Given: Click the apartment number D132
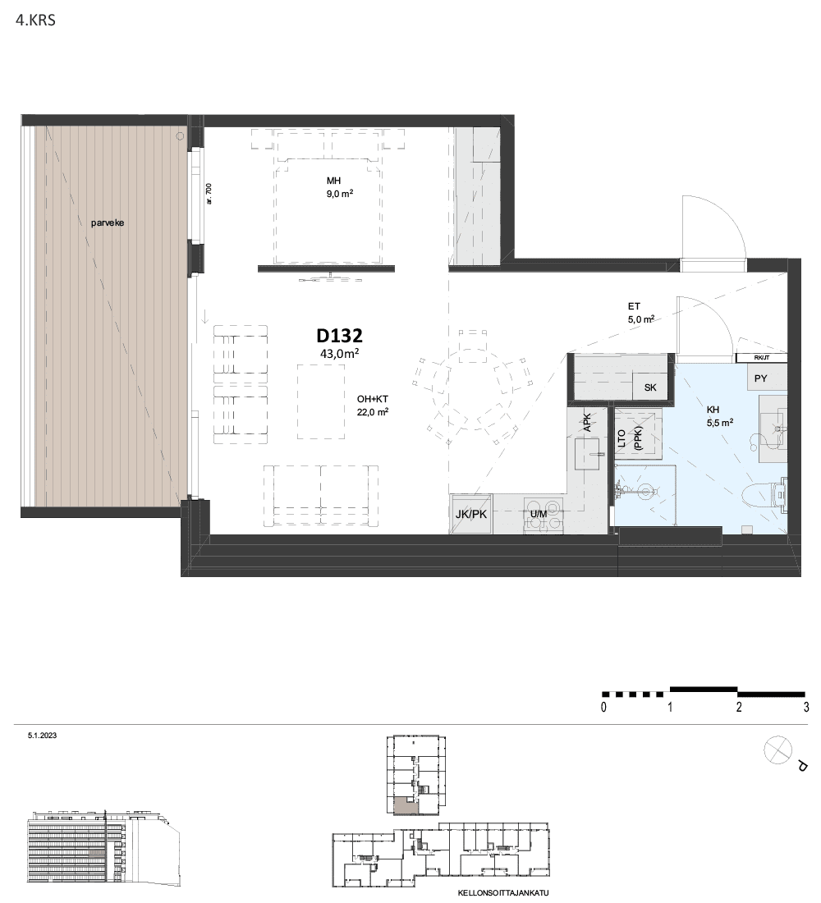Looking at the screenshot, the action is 339,335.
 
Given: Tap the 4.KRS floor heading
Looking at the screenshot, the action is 36,21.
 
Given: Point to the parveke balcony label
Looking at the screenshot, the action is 108,222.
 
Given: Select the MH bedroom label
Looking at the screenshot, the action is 333,181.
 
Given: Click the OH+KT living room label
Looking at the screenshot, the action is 373,398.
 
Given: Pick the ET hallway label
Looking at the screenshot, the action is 634,307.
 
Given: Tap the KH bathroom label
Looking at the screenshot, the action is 713,410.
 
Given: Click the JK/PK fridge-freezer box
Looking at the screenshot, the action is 471,514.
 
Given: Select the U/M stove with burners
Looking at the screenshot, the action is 544,514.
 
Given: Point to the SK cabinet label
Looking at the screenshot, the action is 650,387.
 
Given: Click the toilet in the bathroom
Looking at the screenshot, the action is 764,495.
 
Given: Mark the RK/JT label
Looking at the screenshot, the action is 761,358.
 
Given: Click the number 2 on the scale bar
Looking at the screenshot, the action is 739,707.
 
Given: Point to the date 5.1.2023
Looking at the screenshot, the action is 42,736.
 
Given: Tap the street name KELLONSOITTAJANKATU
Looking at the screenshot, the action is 503,893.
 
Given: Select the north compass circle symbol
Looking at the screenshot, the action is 777,750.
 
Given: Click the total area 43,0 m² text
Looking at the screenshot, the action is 339,354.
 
